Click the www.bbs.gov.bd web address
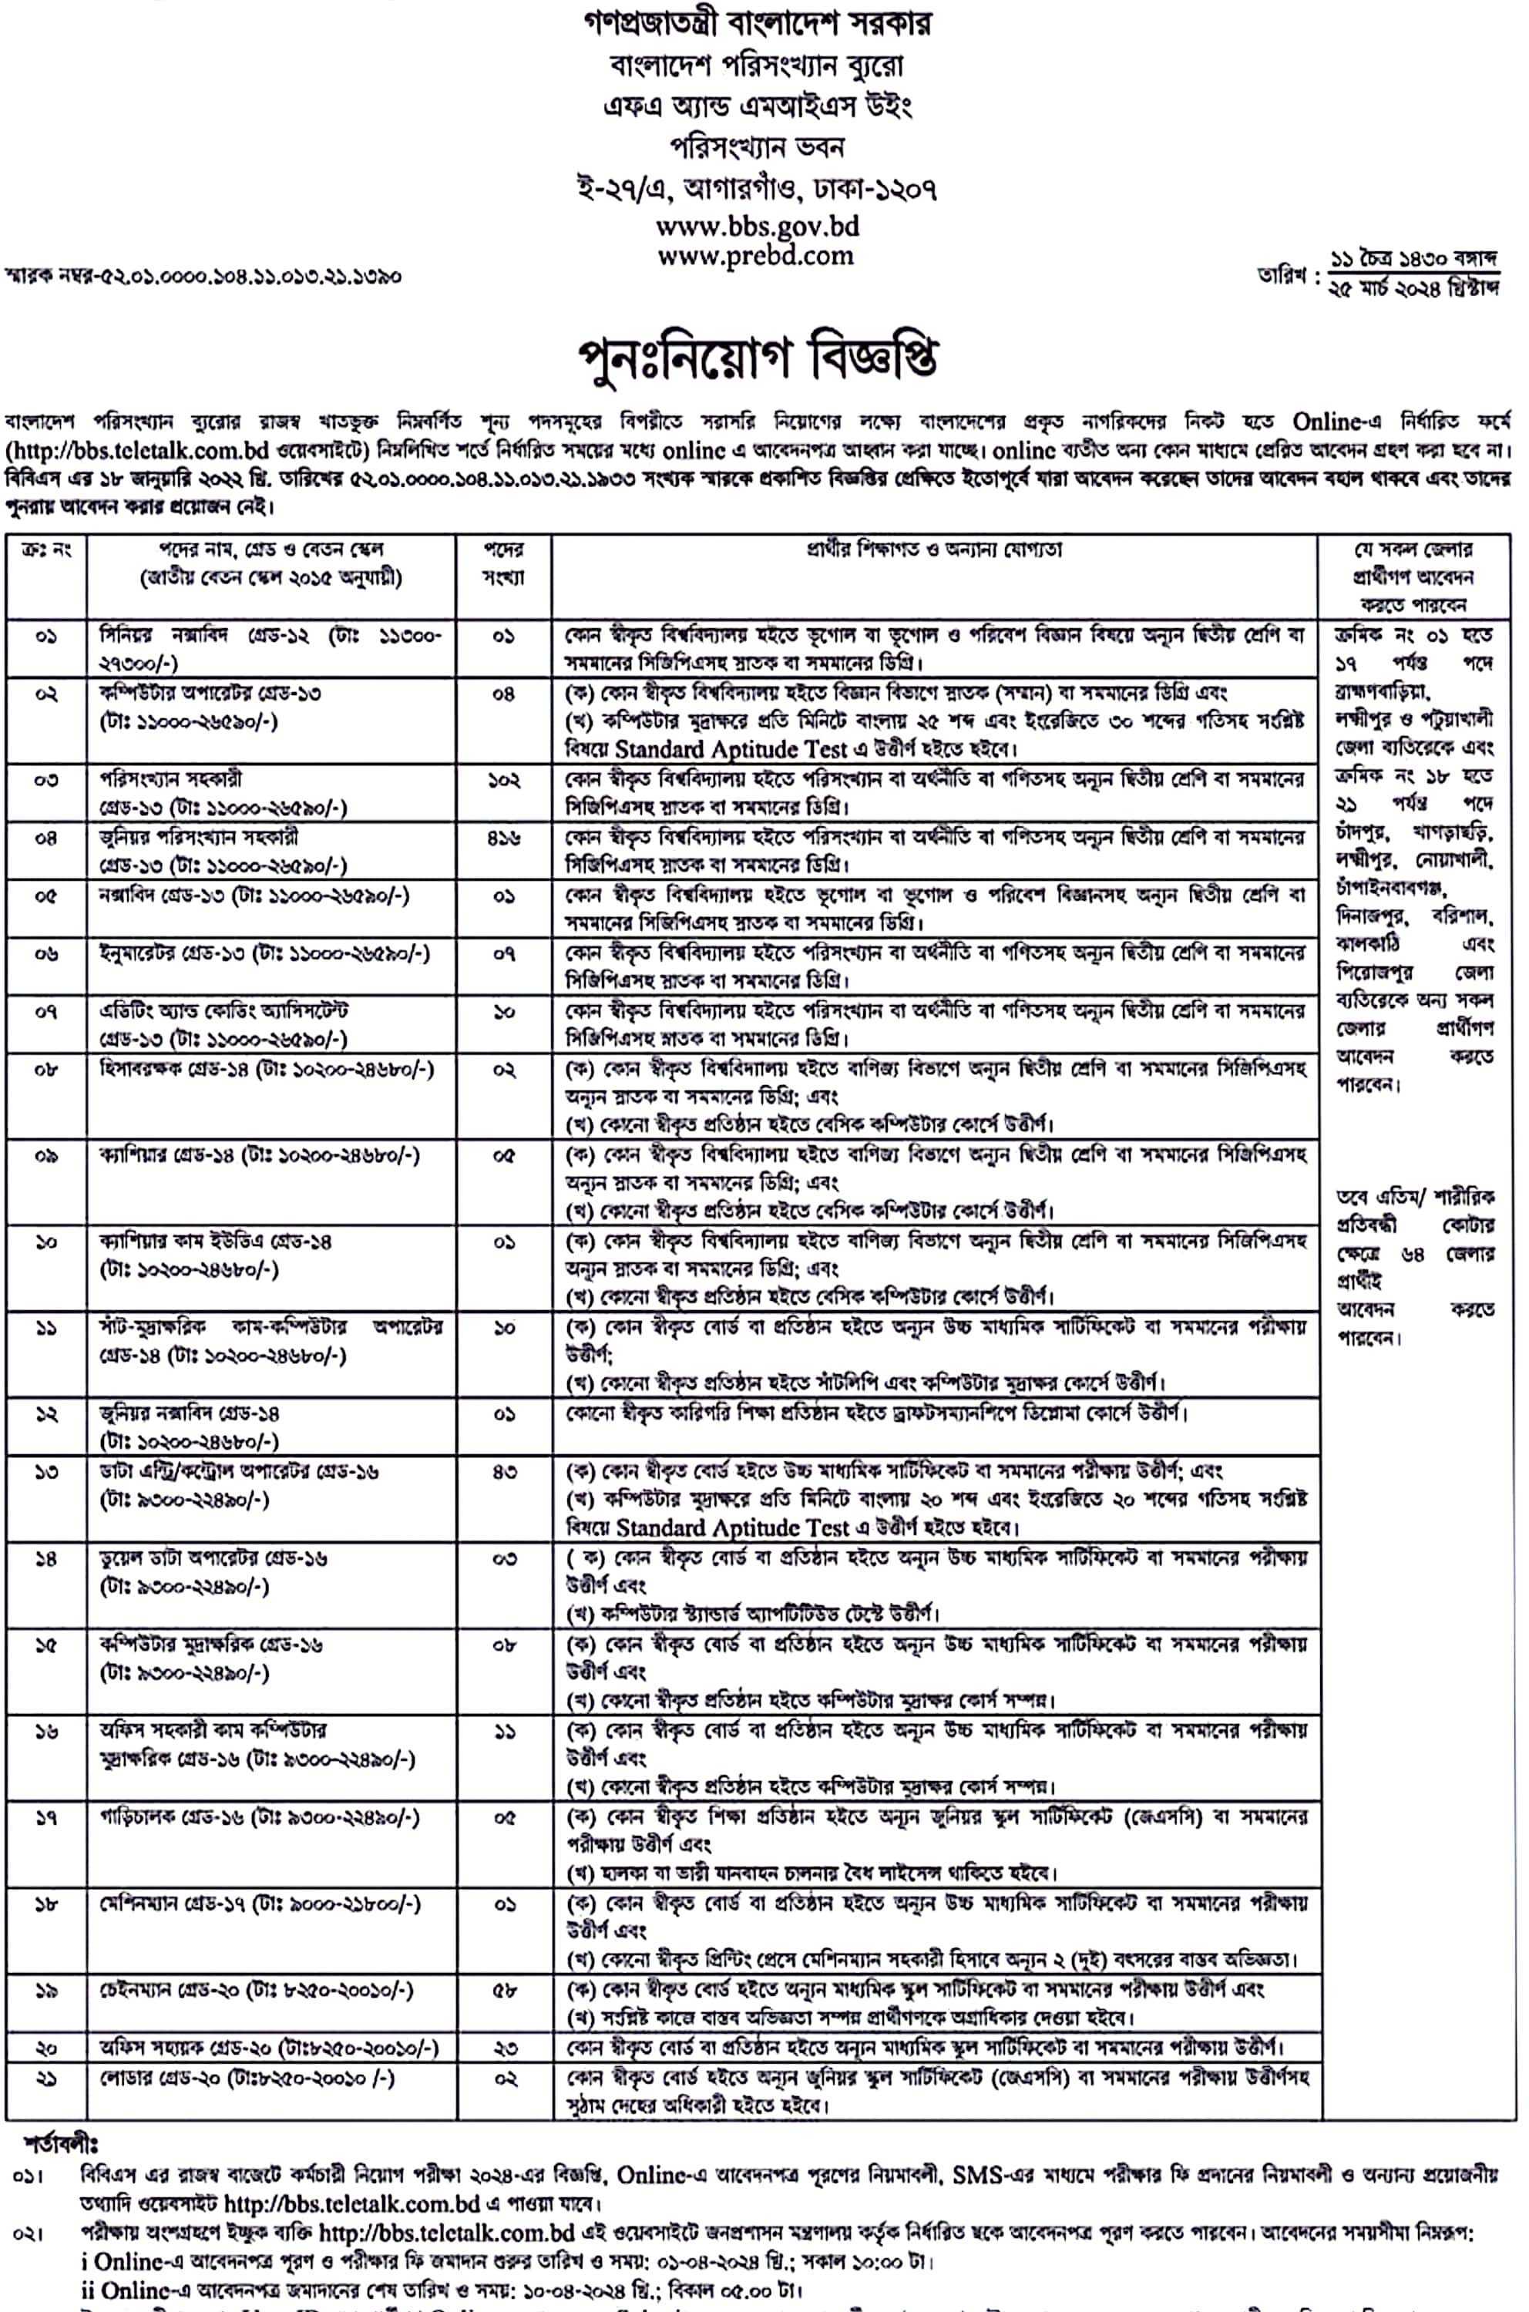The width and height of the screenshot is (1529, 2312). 757,227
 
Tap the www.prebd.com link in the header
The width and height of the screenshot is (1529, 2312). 757,257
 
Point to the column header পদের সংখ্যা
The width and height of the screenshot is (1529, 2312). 503,563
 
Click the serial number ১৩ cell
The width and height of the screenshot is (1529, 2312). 45,1471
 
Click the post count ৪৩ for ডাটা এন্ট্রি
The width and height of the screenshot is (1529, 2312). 503,1471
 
